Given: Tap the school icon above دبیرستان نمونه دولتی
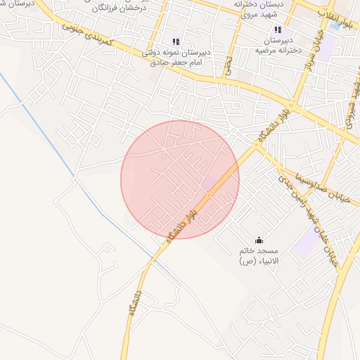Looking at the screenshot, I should point(176,42).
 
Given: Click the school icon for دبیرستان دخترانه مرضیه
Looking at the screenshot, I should point(278,30).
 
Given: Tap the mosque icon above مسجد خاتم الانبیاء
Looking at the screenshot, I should point(259,240).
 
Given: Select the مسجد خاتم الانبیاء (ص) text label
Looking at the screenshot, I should point(258,255).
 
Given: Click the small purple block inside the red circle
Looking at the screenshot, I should point(210,182).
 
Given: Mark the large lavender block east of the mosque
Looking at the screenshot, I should point(307,244).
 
